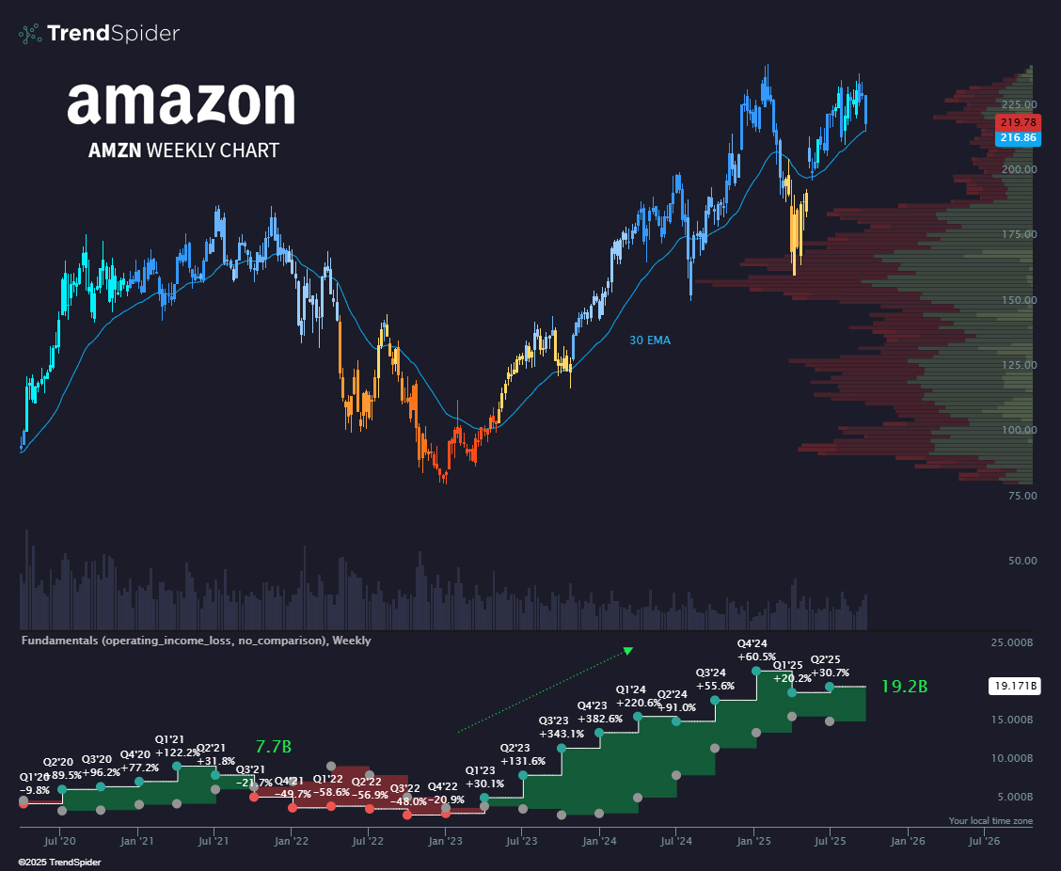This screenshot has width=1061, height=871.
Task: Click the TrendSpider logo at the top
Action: [x=99, y=34]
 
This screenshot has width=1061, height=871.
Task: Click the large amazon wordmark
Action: [x=181, y=103]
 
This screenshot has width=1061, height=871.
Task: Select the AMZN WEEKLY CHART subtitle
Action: [x=183, y=150]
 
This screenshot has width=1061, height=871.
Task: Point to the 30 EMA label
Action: [x=650, y=340]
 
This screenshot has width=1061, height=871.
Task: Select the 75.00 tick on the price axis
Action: [x=1021, y=495]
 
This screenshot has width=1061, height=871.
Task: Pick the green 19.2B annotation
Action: [x=904, y=687]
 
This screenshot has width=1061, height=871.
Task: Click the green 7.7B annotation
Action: [x=274, y=747]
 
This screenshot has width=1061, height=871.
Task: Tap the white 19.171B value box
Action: [x=1014, y=687]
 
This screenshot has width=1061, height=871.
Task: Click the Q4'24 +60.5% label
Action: [x=756, y=650]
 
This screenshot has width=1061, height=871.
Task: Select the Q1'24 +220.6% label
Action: [x=638, y=696]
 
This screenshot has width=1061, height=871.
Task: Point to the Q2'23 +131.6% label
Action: [x=523, y=755]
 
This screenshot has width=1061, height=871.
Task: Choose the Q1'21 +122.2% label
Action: [x=177, y=746]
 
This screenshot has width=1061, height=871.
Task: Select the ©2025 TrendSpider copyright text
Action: [x=59, y=862]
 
